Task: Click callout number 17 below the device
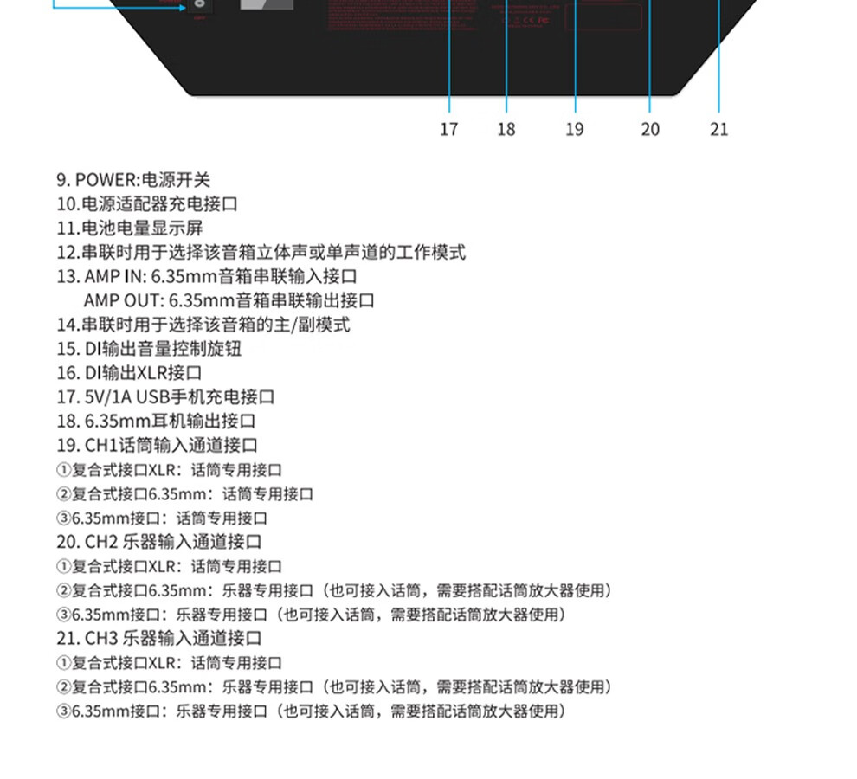click(x=448, y=129)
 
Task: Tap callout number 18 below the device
click(x=506, y=129)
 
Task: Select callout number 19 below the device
click(x=575, y=129)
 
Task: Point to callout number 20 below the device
click(x=650, y=129)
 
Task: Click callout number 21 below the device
click(x=719, y=129)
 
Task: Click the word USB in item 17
click(x=152, y=397)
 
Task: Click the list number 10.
click(x=67, y=204)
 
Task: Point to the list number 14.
click(x=67, y=325)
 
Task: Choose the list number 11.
click(x=67, y=229)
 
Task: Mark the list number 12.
click(x=67, y=253)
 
